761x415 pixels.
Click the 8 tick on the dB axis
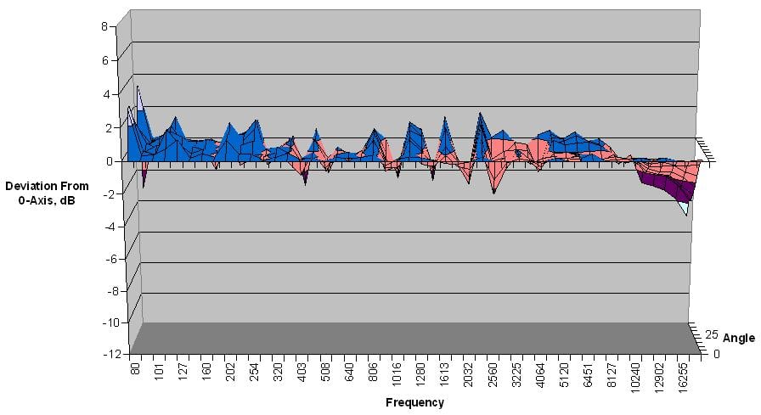(104, 26)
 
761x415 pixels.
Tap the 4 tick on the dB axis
(104, 94)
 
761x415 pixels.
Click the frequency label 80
(134, 372)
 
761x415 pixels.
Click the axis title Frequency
(414, 402)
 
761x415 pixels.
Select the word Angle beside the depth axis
(738, 338)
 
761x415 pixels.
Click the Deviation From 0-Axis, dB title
(40, 192)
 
